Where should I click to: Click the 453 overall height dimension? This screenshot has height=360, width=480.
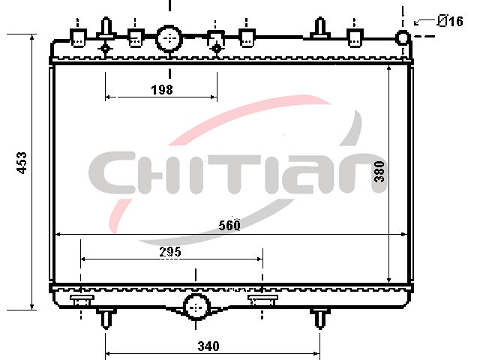tap(22, 163)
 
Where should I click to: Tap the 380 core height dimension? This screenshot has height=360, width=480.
tap(379, 172)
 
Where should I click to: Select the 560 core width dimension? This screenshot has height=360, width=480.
tap(229, 225)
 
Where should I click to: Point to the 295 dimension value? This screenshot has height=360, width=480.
tap(170, 252)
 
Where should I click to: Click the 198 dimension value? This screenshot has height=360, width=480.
tap(162, 90)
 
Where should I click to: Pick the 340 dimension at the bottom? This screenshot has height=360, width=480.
tap(208, 346)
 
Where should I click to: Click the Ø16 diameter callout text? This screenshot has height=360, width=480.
tap(450, 21)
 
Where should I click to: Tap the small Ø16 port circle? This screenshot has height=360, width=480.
tap(403, 37)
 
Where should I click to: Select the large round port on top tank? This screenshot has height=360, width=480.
tap(169, 39)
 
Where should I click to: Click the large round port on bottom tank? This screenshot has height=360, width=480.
tap(196, 307)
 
